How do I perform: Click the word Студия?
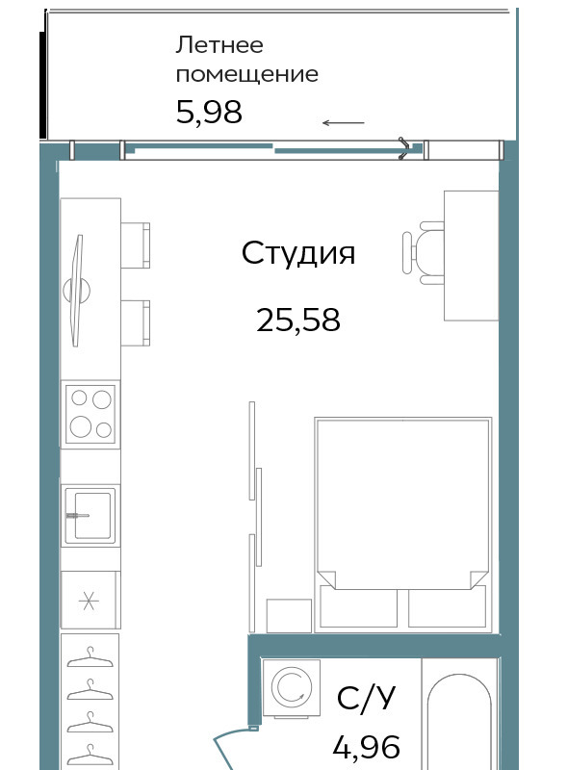point(297,253)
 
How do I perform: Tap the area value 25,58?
point(298,320)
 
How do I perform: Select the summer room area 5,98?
point(209,113)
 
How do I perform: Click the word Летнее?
point(219,45)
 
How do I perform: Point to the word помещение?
point(247,75)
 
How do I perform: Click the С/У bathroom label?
point(366,698)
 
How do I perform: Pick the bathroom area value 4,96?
point(366,748)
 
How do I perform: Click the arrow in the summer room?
point(343,123)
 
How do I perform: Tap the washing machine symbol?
point(292,688)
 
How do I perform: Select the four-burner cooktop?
point(90,415)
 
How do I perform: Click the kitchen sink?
point(90,516)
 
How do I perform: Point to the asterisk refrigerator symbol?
point(89,601)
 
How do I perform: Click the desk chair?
point(423,253)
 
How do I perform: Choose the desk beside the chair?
point(471,256)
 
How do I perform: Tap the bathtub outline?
point(459,722)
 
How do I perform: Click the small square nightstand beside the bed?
point(289,616)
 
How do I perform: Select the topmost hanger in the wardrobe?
point(90,657)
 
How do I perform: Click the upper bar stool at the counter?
point(135,245)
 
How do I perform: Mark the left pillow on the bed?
point(358,606)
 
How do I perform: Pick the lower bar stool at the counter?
point(135,323)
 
